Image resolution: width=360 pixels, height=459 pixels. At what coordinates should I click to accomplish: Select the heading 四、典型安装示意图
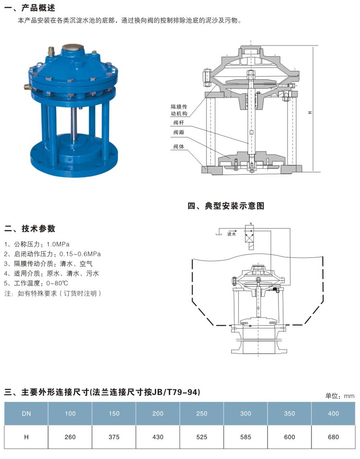pos(226,206)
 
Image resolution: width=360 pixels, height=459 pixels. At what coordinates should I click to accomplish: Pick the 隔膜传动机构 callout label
pos(178,109)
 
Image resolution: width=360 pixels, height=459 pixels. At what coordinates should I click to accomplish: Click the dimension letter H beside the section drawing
pos(310,112)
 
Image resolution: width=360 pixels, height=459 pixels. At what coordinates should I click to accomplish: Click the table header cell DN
pos(26,413)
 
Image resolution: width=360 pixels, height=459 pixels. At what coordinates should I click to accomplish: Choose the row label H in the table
pos(26,437)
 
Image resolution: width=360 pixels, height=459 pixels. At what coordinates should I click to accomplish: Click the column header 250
pos(202,413)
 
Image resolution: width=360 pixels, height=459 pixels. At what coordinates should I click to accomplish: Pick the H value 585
pos(245,437)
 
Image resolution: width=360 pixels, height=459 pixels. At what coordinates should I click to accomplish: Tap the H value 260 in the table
pos(70,437)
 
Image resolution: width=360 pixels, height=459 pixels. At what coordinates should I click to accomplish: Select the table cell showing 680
pos(333,437)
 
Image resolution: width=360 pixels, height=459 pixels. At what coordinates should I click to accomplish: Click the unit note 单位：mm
pos(339,396)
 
